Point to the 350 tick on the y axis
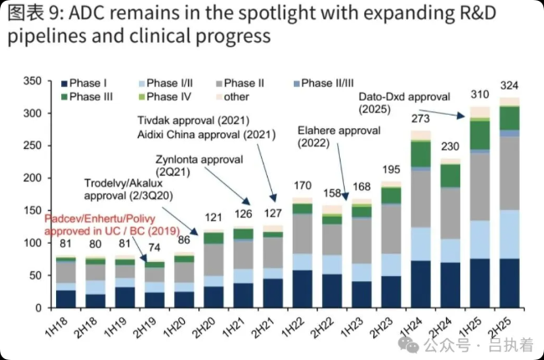(x=33, y=80)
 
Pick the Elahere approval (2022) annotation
(x=339, y=136)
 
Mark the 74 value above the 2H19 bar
(x=154, y=249)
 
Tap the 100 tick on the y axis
(x=33, y=243)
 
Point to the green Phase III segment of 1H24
(x=420, y=153)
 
